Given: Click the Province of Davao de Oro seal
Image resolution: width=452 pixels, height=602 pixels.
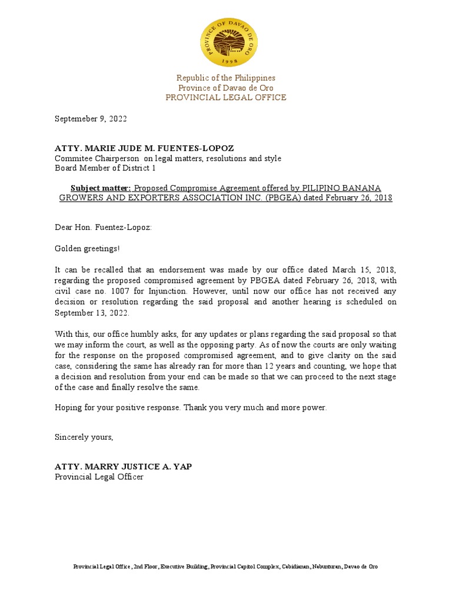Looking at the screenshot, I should click(225, 42).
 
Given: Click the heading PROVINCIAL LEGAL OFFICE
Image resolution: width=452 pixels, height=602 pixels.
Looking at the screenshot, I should click(225, 98).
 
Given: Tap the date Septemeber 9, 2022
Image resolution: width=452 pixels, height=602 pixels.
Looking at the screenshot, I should click(91, 119).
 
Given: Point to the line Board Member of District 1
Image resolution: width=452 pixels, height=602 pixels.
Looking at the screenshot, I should click(105, 168).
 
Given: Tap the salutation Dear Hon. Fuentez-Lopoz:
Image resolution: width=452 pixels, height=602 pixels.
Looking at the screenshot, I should click(103, 227).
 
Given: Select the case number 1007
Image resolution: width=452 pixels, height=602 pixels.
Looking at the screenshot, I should click(125, 291).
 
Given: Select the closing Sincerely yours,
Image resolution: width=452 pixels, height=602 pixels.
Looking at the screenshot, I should click(84, 437).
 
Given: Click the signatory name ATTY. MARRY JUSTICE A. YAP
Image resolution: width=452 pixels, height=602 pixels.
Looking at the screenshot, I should click(123, 466).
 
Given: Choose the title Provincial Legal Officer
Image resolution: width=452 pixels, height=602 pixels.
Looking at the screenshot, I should click(99, 477).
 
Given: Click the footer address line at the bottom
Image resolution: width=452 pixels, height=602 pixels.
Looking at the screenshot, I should click(225, 567).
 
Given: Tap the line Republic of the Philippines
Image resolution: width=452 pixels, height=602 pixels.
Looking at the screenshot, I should click(225, 78).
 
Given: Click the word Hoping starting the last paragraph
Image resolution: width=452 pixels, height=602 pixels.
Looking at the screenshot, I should click(68, 407).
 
